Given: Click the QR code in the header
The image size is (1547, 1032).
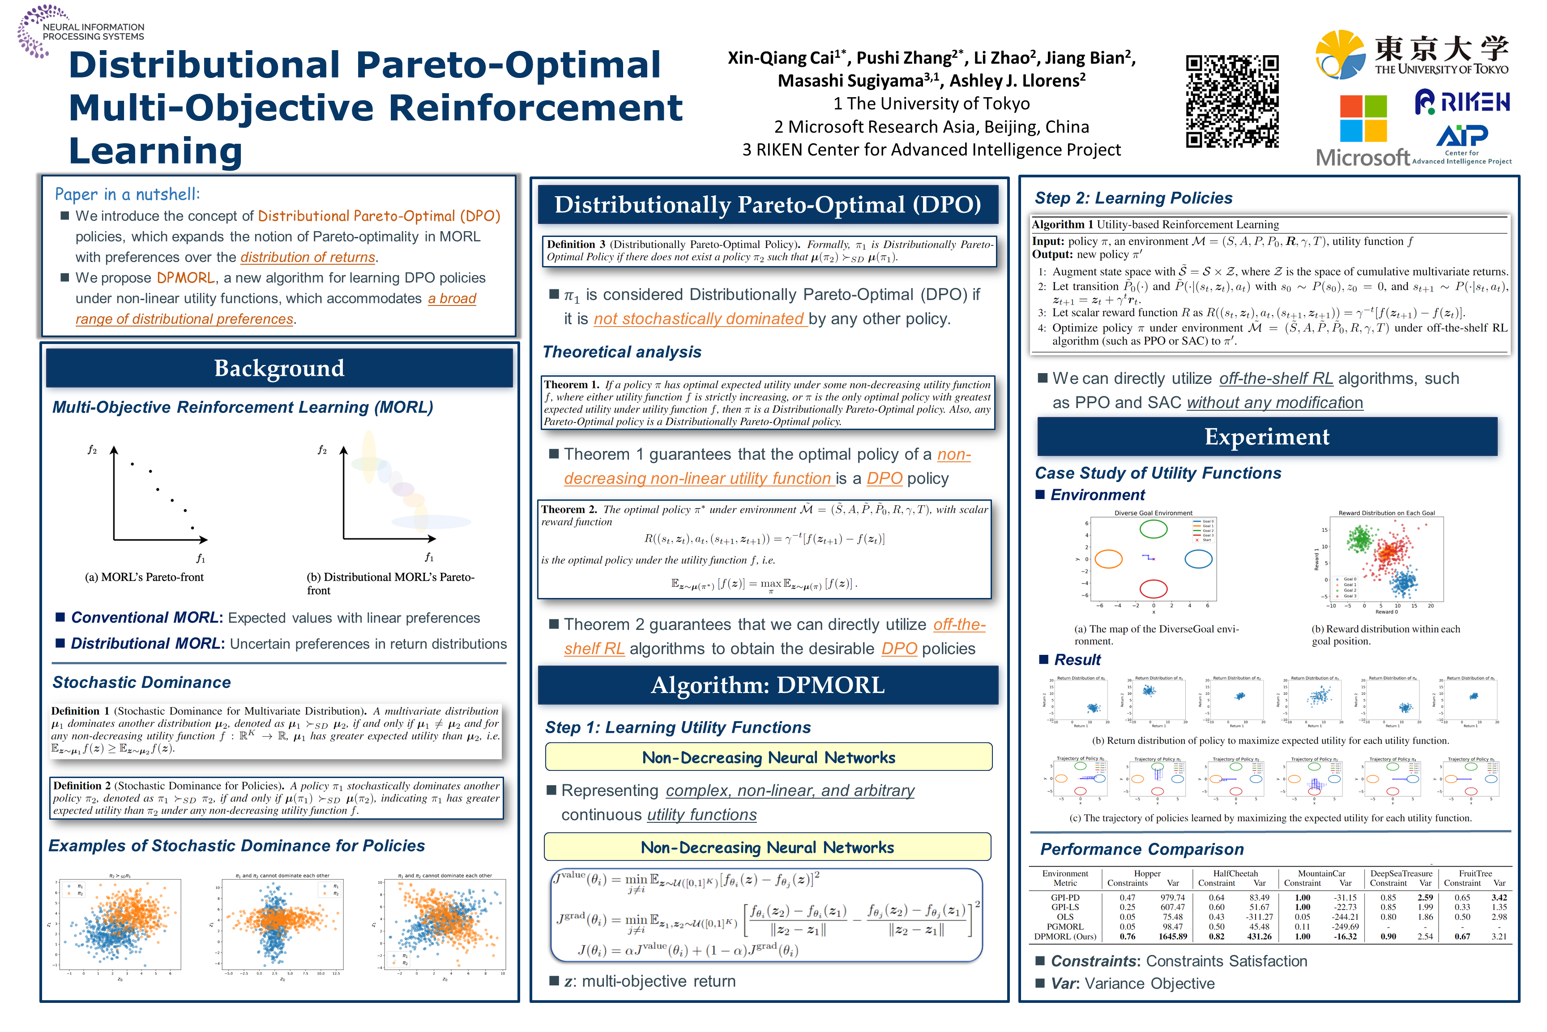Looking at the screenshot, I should (x=1231, y=101).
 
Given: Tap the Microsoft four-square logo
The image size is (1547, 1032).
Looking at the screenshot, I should (x=1363, y=118).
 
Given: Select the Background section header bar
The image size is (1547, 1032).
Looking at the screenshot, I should (x=279, y=368).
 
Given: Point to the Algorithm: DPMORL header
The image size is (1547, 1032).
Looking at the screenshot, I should (x=768, y=685).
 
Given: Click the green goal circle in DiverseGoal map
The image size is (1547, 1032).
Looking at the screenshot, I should (x=1153, y=529).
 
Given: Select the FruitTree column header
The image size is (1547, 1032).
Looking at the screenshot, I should (x=1474, y=873).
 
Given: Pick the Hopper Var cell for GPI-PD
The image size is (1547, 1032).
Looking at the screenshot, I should (x=1173, y=898).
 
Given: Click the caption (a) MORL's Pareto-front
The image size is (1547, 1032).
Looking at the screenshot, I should (x=144, y=577).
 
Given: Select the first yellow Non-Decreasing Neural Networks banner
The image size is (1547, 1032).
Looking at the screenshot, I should (x=768, y=757).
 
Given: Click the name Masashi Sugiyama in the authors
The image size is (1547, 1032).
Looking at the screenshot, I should (x=850, y=81).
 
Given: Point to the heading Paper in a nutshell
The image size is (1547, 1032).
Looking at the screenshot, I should (x=127, y=194).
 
